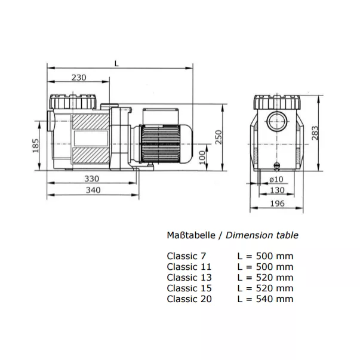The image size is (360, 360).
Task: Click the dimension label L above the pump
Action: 116,64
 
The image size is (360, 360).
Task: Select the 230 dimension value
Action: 79,78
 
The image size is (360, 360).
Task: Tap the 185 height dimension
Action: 36,146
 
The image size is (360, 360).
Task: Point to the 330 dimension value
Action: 92,179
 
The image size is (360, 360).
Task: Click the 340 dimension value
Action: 93,190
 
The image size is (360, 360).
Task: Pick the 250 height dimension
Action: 219,137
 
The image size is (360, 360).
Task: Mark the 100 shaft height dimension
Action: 202,157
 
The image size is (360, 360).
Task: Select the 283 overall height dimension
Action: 315,133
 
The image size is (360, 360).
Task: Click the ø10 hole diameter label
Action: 276,179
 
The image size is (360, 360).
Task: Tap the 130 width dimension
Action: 278,190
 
